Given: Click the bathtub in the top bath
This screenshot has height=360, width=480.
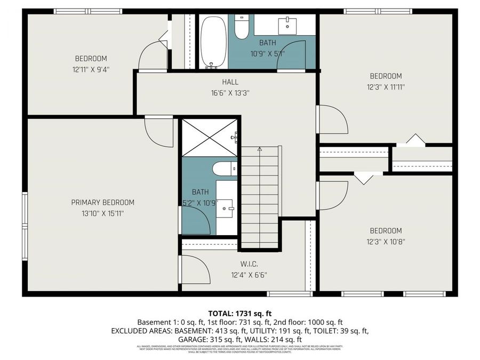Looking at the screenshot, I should (x=213, y=42).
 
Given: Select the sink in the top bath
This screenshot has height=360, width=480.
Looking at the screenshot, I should (x=288, y=24).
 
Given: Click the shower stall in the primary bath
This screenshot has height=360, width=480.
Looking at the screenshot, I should (x=209, y=138).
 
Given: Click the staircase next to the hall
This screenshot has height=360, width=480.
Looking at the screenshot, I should (x=260, y=197).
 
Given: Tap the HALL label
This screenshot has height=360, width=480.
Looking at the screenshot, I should (x=230, y=82).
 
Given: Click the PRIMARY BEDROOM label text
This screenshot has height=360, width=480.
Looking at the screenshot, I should (x=103, y=203).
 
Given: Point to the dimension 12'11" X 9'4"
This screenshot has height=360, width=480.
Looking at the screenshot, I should (x=91, y=69).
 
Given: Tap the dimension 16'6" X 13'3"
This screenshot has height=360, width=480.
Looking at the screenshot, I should (x=230, y=92).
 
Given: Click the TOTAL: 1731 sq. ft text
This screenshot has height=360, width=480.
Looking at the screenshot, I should (x=240, y=313).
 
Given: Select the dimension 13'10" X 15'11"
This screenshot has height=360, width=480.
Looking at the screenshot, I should (x=103, y=213).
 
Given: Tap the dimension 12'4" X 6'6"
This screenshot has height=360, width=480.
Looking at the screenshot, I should (x=249, y=275).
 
